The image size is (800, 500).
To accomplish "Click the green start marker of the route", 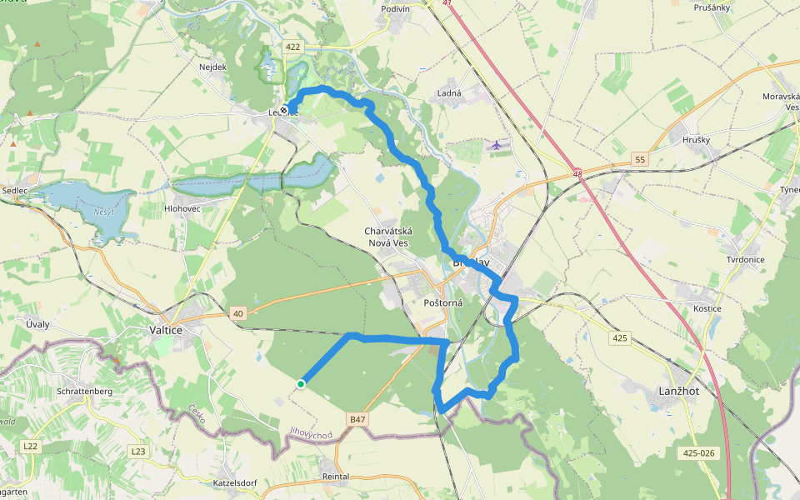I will click(301, 383).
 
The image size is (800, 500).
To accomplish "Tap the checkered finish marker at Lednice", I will click(285, 109).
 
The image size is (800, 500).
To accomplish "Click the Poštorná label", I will click(442, 303).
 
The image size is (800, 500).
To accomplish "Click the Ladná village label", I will click(449, 93).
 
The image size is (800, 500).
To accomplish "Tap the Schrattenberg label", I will click(84, 391).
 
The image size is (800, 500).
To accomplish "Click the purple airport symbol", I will click(497, 145).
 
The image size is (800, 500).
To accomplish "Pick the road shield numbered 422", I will click(292, 47).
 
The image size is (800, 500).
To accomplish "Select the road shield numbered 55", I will click(640, 159).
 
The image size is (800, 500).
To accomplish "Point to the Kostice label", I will click(707, 309).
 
